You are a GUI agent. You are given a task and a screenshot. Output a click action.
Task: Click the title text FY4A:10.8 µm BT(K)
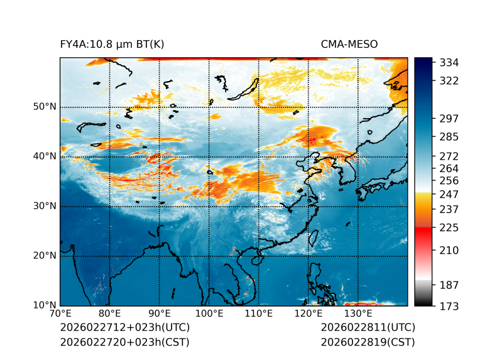click(x=112, y=45)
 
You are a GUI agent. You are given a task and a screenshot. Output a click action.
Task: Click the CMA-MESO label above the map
click(x=349, y=45)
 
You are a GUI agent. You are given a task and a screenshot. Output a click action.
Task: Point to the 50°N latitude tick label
click(x=45, y=107)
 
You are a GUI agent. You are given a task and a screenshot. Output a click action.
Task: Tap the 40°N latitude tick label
click(x=45, y=156)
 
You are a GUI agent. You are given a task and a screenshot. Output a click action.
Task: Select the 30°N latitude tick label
click(x=45, y=206)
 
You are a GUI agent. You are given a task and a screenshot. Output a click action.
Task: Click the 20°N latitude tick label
click(x=45, y=256)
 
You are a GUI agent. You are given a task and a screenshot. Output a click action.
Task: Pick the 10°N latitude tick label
click(x=45, y=305)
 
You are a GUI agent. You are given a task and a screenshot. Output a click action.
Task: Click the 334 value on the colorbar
click(x=449, y=63)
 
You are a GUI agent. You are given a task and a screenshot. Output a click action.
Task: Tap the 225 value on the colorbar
click(x=449, y=227)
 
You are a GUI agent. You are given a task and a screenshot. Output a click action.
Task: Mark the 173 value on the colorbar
click(x=449, y=306)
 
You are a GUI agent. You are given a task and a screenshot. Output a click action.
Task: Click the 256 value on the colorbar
click(x=449, y=181)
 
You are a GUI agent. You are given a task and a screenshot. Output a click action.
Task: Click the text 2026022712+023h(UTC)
click(x=124, y=328)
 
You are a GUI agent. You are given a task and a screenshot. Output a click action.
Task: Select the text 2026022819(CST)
click(x=368, y=342)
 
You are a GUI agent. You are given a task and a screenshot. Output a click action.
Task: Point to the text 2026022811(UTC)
click(x=368, y=328)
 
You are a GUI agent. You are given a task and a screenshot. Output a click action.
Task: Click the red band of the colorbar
click(x=423, y=232)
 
